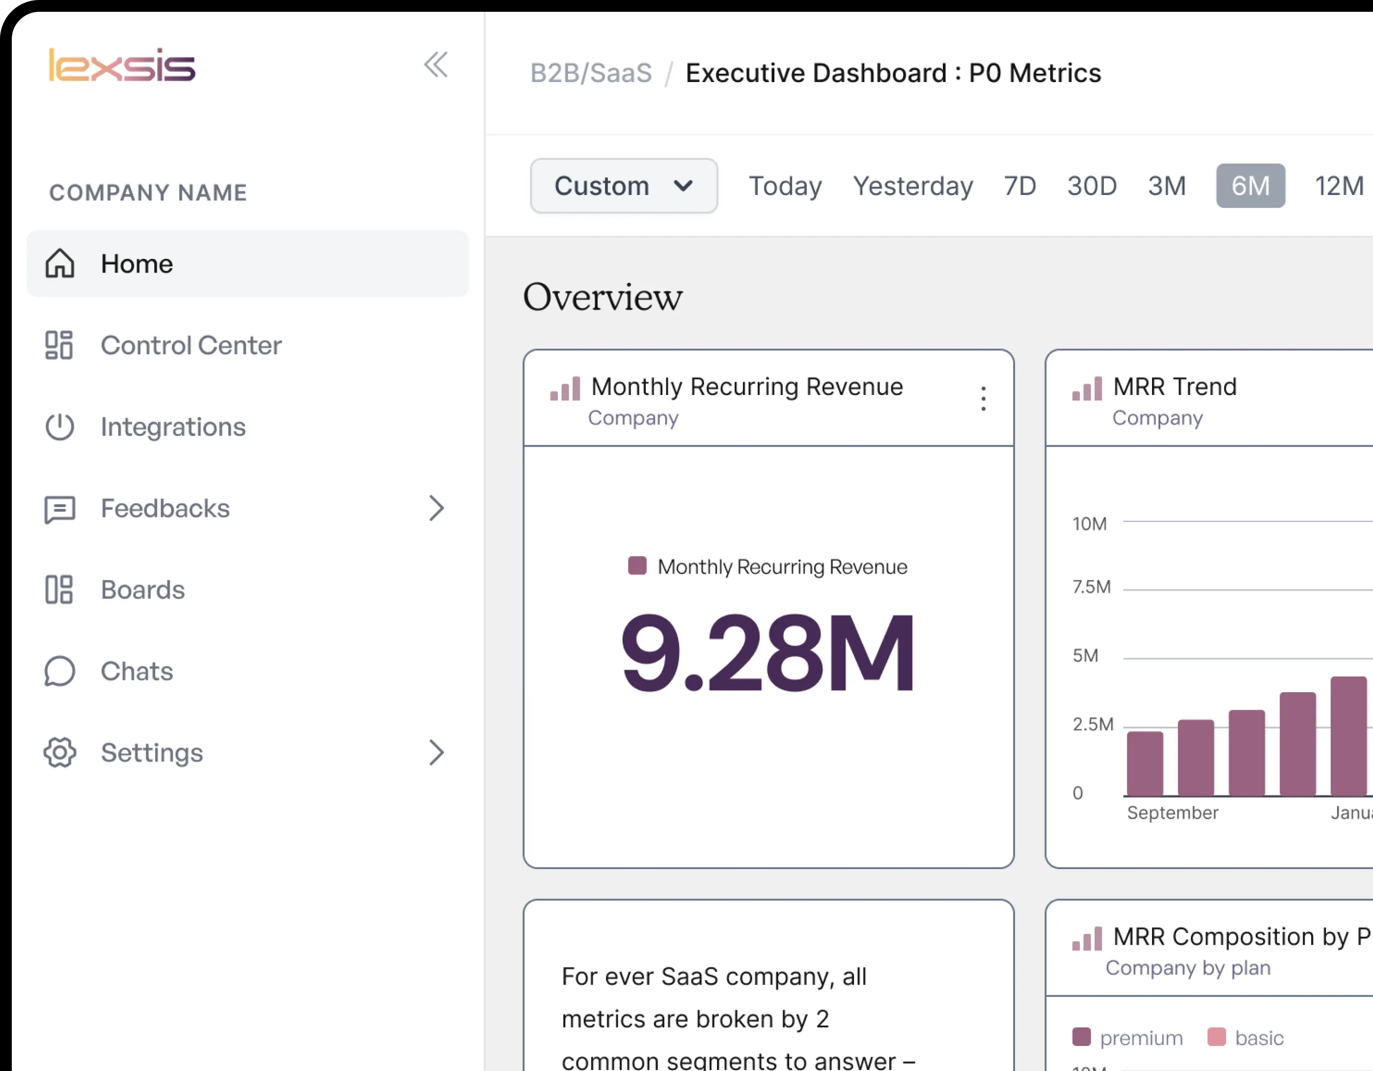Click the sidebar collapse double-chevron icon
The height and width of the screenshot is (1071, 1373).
coord(436,65)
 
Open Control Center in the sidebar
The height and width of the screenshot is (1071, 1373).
coord(191,345)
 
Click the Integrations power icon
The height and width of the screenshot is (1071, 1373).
coord(60,427)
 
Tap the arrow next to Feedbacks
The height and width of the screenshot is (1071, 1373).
coord(436,508)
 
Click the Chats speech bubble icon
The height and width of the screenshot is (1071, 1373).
coord(60,671)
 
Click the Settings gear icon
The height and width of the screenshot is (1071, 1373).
coord(60,753)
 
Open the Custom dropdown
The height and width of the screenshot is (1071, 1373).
coord(623,186)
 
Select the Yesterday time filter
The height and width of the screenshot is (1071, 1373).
coord(912,186)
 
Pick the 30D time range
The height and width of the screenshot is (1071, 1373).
coord(1091,186)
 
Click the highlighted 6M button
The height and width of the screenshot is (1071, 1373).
coord(1250,186)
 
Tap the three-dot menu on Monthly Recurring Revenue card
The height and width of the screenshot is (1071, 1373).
coord(983,399)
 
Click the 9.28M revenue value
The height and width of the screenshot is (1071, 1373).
coord(768,654)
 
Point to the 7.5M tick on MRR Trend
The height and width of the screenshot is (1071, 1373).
coord(1091,587)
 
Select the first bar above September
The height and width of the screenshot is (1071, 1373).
coord(1145,763)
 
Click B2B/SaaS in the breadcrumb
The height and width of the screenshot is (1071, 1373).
coord(591,73)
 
